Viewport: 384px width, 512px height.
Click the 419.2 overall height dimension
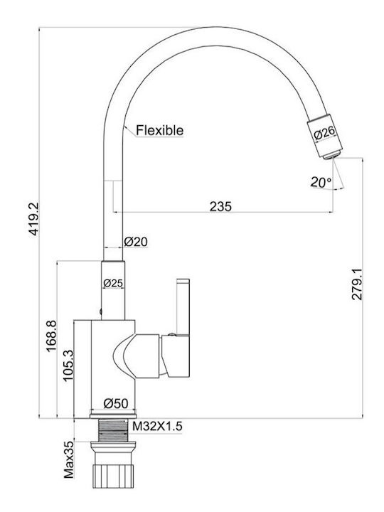(x=33, y=219)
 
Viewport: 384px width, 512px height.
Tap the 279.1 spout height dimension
(x=357, y=284)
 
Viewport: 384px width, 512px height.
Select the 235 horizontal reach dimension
(x=220, y=206)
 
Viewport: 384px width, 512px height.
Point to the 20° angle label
(x=321, y=182)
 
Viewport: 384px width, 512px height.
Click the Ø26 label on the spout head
(x=324, y=132)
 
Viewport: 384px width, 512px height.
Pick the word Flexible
(x=160, y=130)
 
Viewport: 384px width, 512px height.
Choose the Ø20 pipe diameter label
(x=136, y=242)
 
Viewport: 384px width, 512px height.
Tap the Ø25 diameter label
(x=113, y=283)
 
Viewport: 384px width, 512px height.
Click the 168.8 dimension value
(x=52, y=336)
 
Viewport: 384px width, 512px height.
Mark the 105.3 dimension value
(x=68, y=365)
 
